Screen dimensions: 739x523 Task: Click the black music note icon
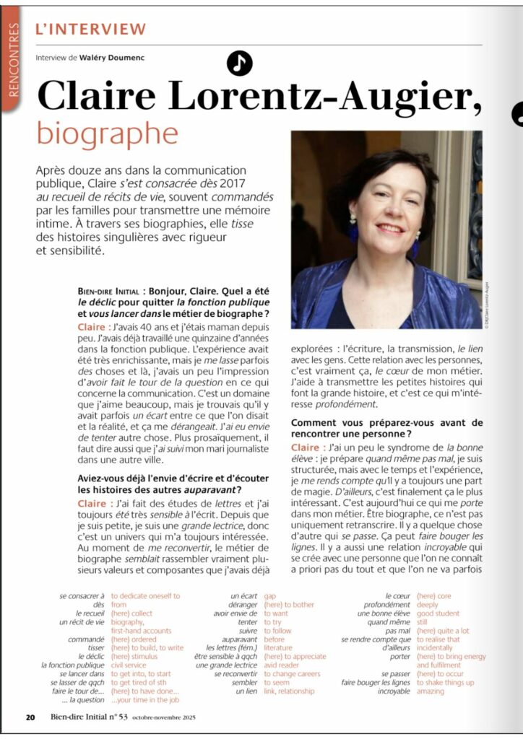point(239,64)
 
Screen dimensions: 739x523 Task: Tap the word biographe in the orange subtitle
point(107,133)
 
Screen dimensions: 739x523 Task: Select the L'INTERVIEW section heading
point(90,30)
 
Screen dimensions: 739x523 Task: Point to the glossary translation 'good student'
point(462,613)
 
